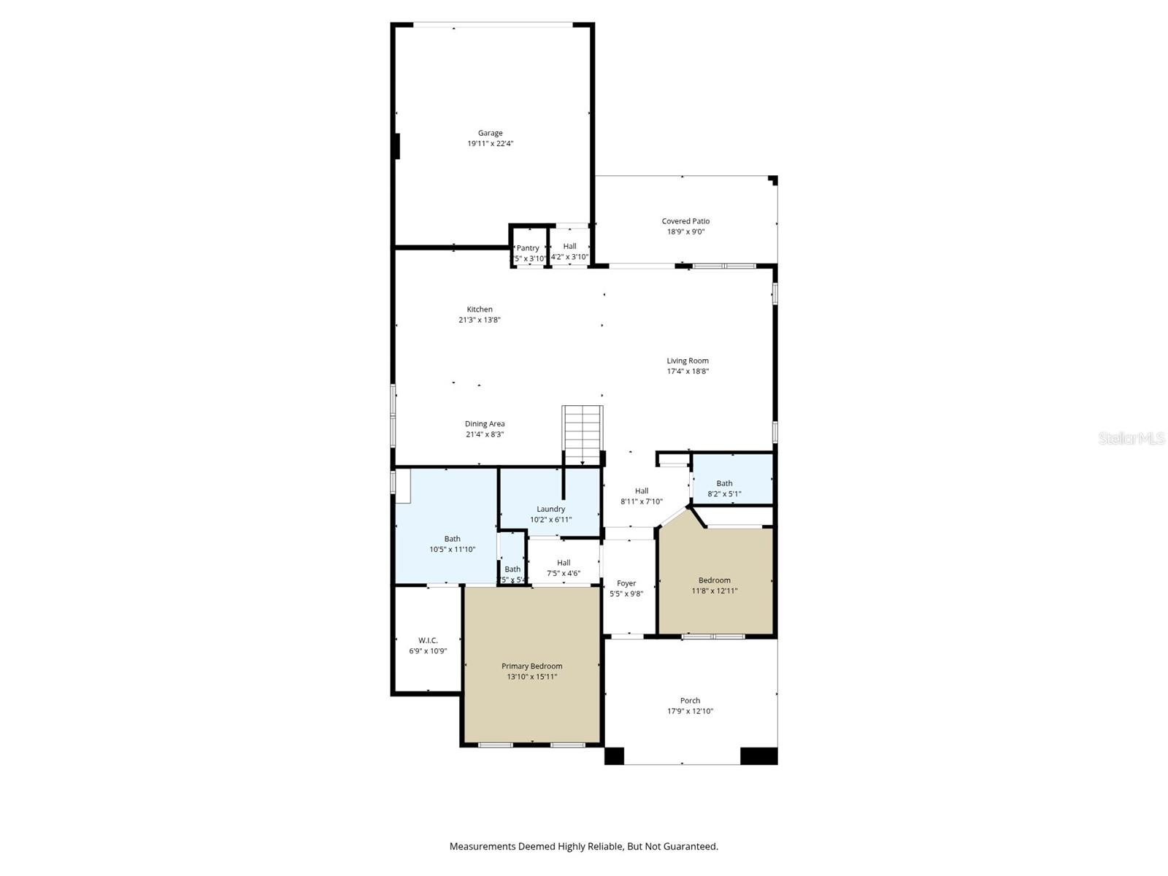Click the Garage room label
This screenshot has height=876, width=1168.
(490, 133)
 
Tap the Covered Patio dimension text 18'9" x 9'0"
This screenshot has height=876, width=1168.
(685, 232)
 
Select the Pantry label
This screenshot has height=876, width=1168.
(528, 248)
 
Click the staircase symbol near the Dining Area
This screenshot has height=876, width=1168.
(582, 433)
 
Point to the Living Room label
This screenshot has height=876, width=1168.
(687, 361)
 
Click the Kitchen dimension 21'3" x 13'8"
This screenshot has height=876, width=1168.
(479, 320)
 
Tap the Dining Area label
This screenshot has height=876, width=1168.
(485, 424)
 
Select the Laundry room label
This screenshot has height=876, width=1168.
(550, 509)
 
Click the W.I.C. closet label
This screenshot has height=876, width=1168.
(428, 640)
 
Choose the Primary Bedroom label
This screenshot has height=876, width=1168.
(531, 666)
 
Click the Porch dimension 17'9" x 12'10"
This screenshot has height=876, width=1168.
(690, 711)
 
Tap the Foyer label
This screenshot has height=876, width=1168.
(626, 583)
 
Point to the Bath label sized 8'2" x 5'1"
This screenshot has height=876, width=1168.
(724, 483)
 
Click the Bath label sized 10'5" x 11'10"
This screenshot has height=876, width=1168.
(452, 539)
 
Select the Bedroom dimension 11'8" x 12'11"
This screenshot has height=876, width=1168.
(714, 591)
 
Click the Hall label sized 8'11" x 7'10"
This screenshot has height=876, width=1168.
(642, 491)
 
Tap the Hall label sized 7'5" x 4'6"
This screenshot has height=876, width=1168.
(564, 563)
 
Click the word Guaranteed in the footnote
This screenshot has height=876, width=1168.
(691, 847)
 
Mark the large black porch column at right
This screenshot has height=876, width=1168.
(758, 756)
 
